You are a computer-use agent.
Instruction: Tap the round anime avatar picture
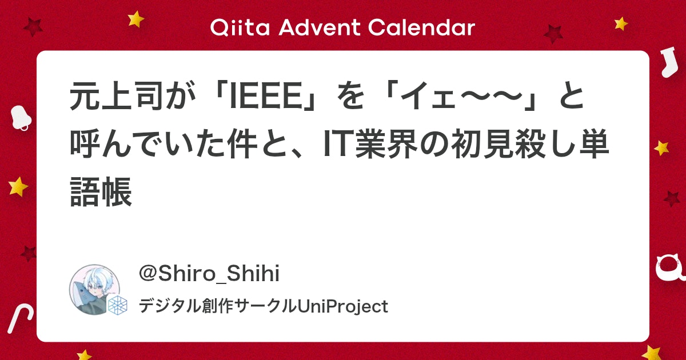pos(95,289)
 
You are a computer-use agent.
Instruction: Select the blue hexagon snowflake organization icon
pos(117,305)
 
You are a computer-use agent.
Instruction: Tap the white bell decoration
pos(21,118)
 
